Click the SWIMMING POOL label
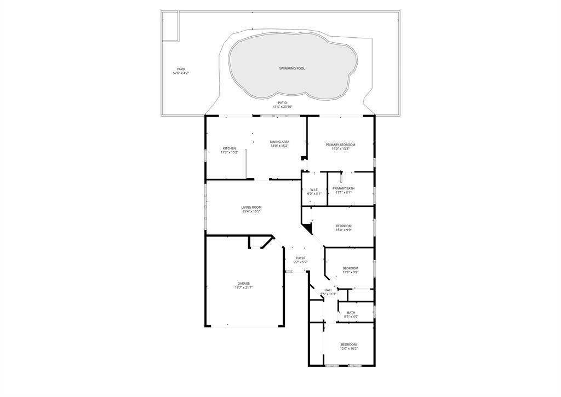291,68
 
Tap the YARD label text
181,69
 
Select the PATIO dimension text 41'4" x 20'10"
282,107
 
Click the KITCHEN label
229,148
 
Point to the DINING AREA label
279,142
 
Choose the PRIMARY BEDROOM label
340,145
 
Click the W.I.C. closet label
314,189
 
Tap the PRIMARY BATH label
343,188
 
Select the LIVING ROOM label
251,207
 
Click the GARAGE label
244,283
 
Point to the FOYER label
301,258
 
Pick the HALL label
328,290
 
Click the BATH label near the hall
351,313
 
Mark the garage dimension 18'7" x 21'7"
244,287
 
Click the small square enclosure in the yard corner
170,26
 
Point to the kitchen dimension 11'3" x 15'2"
229,152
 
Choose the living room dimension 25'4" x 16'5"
251,211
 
